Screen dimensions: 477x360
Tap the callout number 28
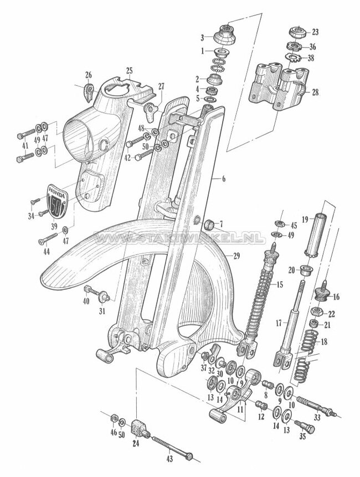click(x=315, y=92)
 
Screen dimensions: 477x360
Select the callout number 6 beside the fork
click(x=224, y=179)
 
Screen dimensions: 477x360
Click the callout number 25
click(x=129, y=70)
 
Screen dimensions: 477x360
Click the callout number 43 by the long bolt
click(x=169, y=459)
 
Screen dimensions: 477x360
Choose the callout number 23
click(x=315, y=31)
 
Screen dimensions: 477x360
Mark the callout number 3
click(x=203, y=37)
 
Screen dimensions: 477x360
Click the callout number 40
click(x=85, y=301)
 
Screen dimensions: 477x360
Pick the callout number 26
click(x=88, y=75)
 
